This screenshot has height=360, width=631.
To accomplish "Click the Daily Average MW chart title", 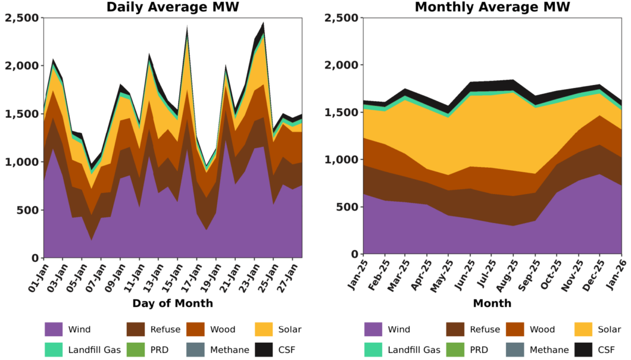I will (173, 7).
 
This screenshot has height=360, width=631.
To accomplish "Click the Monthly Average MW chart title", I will (492, 7).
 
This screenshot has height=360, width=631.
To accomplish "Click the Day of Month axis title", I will (173, 303).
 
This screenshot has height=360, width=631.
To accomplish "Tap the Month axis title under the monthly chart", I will (492, 303).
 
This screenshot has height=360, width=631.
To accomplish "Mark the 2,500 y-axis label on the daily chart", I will (21, 18).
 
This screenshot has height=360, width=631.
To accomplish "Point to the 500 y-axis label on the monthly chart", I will (345, 207).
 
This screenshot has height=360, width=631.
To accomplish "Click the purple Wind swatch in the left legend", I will (53, 329).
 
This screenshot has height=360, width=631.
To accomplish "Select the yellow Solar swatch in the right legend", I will (583, 329).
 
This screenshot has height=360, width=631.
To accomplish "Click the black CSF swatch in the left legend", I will (264, 350).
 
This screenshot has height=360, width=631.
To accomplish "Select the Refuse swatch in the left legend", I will (136, 329).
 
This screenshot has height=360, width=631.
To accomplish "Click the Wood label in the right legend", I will (542, 329).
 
